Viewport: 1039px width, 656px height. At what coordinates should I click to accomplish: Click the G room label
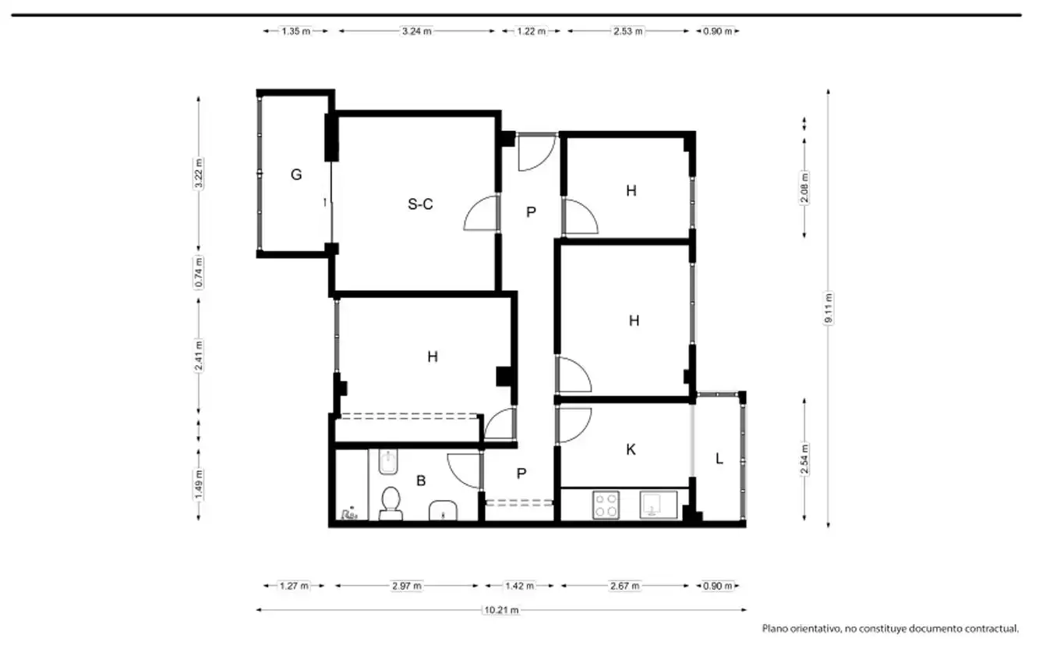(296, 175)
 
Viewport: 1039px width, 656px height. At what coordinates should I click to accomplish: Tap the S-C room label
(420, 204)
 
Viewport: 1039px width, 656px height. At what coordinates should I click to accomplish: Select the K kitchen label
(631, 449)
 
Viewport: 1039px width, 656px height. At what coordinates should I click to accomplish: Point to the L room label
(719, 459)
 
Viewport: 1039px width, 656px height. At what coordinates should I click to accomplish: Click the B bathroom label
(421, 480)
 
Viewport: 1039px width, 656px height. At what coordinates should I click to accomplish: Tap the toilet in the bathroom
(391, 503)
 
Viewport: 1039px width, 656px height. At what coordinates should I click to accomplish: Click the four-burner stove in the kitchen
(606, 505)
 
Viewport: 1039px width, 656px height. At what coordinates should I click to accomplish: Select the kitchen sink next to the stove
(658, 505)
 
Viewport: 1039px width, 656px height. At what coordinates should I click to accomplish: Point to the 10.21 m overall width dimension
(501, 610)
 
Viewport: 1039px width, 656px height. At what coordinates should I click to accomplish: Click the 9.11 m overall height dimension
(829, 308)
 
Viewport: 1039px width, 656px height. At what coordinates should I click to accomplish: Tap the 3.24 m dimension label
(416, 31)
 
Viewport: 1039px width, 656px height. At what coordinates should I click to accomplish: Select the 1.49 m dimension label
(199, 484)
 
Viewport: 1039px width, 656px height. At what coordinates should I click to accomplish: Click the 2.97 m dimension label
(406, 586)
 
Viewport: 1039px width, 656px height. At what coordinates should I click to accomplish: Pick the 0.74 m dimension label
(199, 272)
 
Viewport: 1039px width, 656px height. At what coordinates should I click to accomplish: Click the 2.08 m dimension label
(804, 187)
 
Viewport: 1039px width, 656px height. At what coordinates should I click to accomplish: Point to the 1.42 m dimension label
(519, 586)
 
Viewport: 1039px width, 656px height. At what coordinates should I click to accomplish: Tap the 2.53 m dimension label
(628, 31)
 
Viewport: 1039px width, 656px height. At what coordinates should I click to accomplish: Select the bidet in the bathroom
(387, 462)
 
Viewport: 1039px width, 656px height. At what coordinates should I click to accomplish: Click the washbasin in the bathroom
(443, 511)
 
